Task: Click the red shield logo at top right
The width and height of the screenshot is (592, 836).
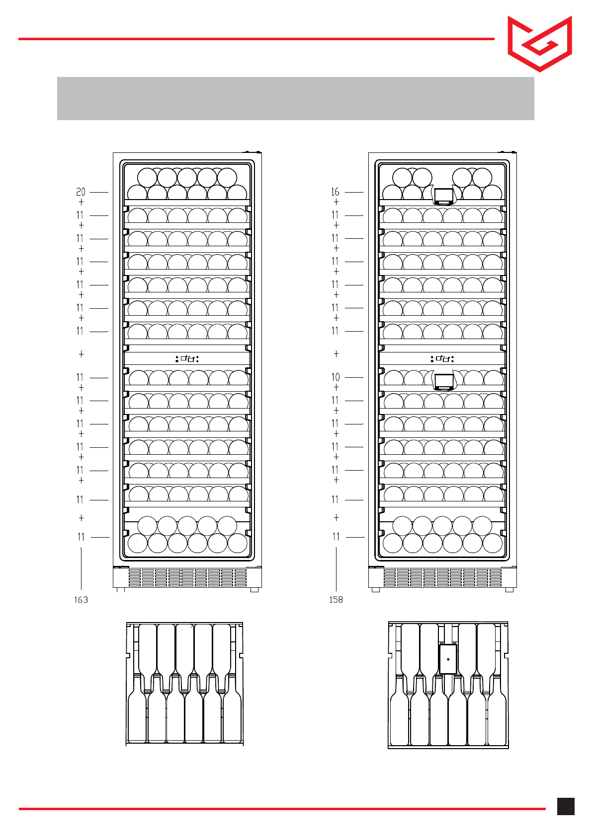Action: pyautogui.click(x=539, y=44)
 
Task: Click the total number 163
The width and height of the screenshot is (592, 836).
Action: pyautogui.click(x=81, y=600)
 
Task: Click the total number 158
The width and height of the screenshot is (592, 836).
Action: pyautogui.click(x=336, y=600)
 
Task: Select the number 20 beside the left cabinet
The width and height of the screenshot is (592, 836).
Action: pyautogui.click(x=81, y=192)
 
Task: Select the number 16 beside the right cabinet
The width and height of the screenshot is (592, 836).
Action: pyautogui.click(x=336, y=192)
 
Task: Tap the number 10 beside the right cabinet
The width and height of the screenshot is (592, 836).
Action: pyautogui.click(x=336, y=377)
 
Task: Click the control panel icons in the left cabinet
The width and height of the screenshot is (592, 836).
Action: pyautogui.click(x=187, y=358)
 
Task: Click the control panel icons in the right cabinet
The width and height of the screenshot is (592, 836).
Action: pyautogui.click(x=442, y=358)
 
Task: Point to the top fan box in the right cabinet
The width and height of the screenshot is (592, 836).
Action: pyautogui.click(x=443, y=196)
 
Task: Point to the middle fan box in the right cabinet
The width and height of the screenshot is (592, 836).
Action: pyautogui.click(x=443, y=381)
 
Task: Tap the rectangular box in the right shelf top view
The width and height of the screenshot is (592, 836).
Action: pyautogui.click(x=448, y=659)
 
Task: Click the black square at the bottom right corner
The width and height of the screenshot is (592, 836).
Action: pyautogui.click(x=566, y=806)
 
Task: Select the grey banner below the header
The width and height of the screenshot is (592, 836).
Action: pyautogui.click(x=295, y=98)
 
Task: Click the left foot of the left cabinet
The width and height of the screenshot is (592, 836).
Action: pyautogui.click(x=120, y=590)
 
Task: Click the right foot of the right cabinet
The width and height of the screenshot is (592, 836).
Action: pyautogui.click(x=509, y=590)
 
